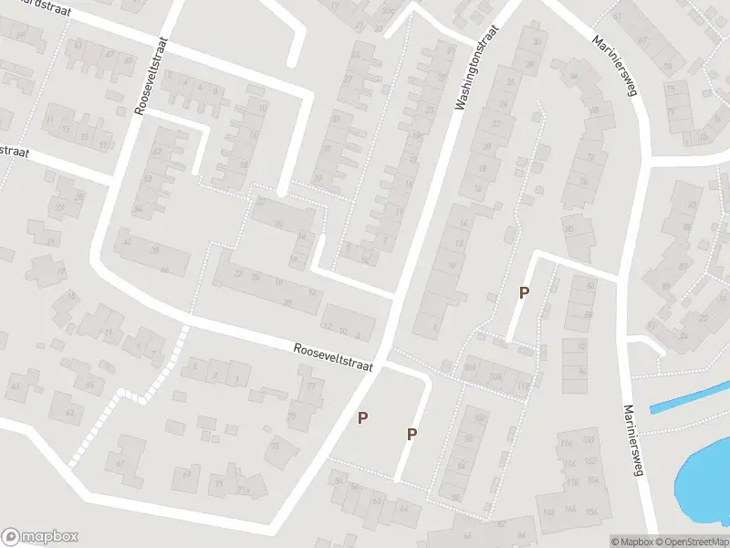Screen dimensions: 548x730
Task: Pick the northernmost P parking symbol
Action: (x=524, y=292)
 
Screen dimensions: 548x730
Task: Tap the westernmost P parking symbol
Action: (x=363, y=417)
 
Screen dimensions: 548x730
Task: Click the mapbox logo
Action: (x=39, y=537)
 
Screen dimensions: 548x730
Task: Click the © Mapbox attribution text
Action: (x=631, y=542)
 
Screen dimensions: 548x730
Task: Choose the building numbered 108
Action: (x=495, y=375)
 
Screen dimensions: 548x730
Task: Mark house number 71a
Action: (x=244, y=490)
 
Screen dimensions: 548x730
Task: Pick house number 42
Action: (x=127, y=241)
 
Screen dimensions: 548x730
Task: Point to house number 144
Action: (x=571, y=509)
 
